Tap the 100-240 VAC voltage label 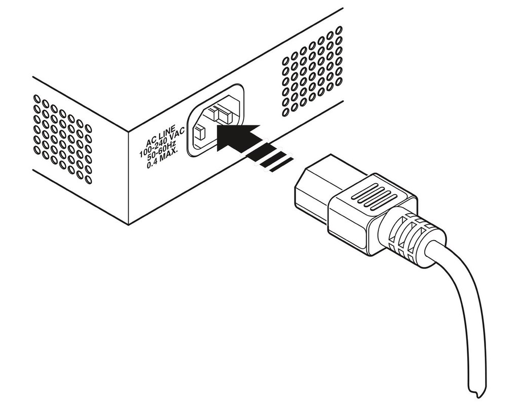[x=162, y=143]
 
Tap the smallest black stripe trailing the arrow [x=281, y=165]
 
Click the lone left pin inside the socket [x=200, y=133]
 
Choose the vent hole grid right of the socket [x=312, y=71]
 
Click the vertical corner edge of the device [x=128, y=177]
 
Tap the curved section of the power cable [x=463, y=305]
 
